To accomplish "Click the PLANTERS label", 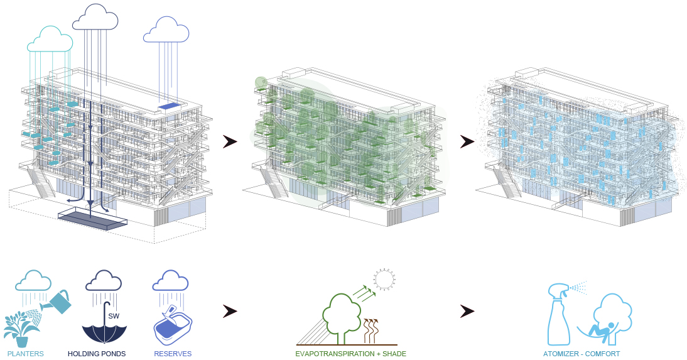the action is [25, 354].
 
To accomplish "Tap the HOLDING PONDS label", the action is [97, 354].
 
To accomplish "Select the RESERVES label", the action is [173, 354].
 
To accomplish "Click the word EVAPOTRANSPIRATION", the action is [335, 354].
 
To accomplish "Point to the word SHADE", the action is [394, 354].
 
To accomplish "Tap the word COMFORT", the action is [602, 354].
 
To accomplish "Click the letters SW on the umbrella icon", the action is [114, 316].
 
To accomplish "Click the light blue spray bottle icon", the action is [560, 315].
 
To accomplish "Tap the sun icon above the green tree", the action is [385, 278].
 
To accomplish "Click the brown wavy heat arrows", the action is [371, 330].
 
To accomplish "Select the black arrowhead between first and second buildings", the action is [230, 141].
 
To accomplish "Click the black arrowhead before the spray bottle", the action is [467, 312].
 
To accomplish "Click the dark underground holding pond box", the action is [92, 221].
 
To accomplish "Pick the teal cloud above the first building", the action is [50, 39].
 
